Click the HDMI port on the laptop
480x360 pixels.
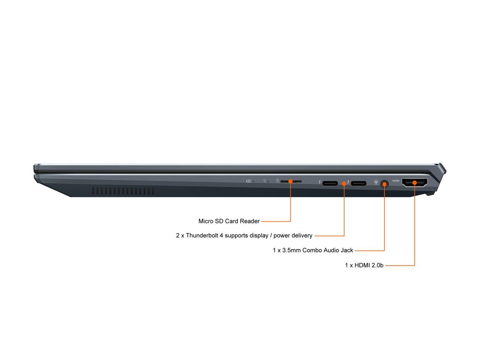[415, 183]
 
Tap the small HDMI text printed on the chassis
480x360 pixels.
[396, 181]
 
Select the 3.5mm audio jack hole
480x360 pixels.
[384, 184]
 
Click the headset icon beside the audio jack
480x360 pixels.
[376, 182]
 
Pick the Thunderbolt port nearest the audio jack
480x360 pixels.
[358, 183]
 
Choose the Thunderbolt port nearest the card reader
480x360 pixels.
[330, 183]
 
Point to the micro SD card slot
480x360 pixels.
[291, 181]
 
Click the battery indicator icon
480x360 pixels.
[248, 181]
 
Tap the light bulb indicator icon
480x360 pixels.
[265, 181]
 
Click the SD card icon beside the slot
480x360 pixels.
[277, 180]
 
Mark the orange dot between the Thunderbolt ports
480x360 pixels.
[344, 184]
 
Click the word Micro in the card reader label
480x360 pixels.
[206, 221]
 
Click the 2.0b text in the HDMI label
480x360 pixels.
[377, 265]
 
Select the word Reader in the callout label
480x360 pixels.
[250, 221]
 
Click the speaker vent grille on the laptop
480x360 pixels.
[123, 191]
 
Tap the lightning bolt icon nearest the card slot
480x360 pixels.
[320, 182]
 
